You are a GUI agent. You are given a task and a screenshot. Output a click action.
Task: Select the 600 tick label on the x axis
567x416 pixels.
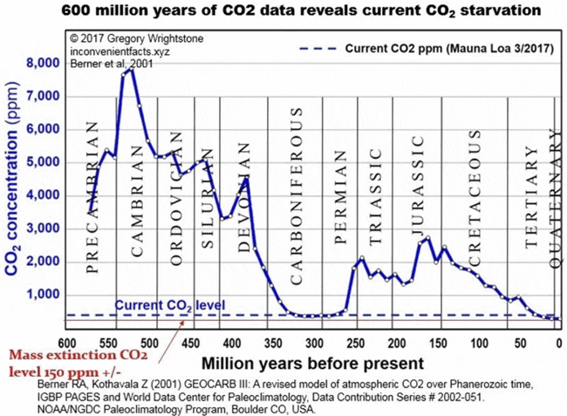click(65, 342)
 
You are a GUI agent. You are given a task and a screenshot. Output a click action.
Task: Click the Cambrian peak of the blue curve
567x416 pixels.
click(130, 70)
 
